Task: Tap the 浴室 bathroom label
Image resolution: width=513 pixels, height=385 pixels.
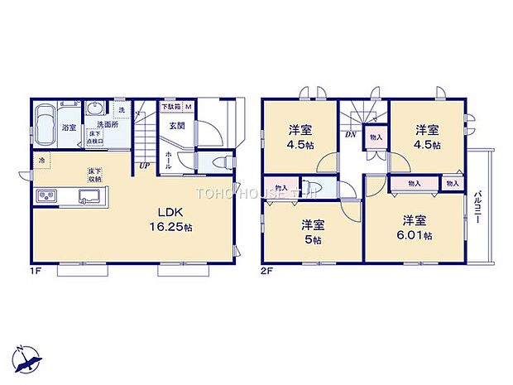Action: (x=69, y=128)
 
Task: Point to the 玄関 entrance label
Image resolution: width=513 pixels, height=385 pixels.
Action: (x=178, y=126)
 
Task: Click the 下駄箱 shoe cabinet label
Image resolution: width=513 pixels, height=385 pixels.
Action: (x=170, y=108)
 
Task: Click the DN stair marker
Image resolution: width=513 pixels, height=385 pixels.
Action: (x=351, y=134)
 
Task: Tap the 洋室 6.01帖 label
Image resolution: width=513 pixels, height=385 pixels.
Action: (x=415, y=226)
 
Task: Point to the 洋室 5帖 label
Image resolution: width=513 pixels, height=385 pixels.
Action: (x=312, y=229)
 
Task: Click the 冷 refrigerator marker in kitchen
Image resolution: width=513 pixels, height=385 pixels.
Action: (x=41, y=159)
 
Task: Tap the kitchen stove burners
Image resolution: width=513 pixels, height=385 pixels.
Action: (x=46, y=196)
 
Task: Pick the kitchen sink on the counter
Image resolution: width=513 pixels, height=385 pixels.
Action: (x=89, y=196)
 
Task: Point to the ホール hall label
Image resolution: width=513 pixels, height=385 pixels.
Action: (x=168, y=161)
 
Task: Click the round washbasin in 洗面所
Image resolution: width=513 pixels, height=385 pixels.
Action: (x=93, y=108)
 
